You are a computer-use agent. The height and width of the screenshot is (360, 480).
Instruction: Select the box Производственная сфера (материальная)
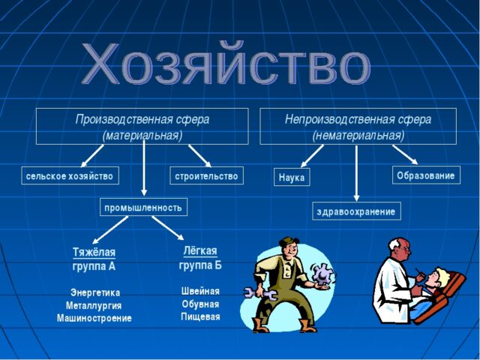coord(142,127)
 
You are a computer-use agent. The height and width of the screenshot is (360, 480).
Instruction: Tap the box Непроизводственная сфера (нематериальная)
coord(358,127)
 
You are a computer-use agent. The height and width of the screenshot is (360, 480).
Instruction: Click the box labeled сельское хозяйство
coord(69,176)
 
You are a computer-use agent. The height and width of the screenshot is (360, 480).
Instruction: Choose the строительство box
coord(206,176)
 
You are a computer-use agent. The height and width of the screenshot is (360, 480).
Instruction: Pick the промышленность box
coord(144,207)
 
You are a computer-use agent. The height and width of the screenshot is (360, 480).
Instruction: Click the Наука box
coord(291,178)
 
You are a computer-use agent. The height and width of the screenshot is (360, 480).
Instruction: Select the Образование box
coord(425,175)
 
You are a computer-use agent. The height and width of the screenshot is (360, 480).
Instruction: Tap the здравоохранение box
coord(356,211)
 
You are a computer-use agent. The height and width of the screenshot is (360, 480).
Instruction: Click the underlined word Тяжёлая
coord(94,252)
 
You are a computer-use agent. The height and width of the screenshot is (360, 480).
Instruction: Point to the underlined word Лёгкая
coord(200,250)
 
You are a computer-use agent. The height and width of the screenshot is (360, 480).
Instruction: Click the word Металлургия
coord(94,305)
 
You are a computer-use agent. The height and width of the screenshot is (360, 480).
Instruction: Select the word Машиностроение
coord(94,318)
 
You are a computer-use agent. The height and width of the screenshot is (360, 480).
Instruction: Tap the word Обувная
coord(200,304)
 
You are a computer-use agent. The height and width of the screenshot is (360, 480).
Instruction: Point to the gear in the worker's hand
coord(325,275)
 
